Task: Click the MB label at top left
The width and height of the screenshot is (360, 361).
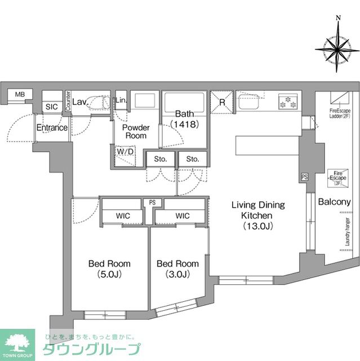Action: click(20, 94)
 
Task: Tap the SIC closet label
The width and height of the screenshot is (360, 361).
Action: click(51, 107)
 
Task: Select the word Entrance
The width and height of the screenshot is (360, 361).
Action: click(52, 128)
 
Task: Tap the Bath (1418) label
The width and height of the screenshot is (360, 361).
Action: click(184, 119)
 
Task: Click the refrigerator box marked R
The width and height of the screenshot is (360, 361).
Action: click(223, 103)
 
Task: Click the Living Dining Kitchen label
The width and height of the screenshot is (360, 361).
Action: click(258, 215)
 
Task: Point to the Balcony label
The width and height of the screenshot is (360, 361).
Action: click(335, 202)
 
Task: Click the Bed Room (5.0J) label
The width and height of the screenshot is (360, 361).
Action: click(109, 268)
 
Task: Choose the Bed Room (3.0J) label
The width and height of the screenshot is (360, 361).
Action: click(177, 268)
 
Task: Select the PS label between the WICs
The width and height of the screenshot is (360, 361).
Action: click(152, 202)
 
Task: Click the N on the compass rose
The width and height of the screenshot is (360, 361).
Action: click(338, 18)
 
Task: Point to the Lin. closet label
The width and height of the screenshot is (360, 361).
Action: click(121, 101)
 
